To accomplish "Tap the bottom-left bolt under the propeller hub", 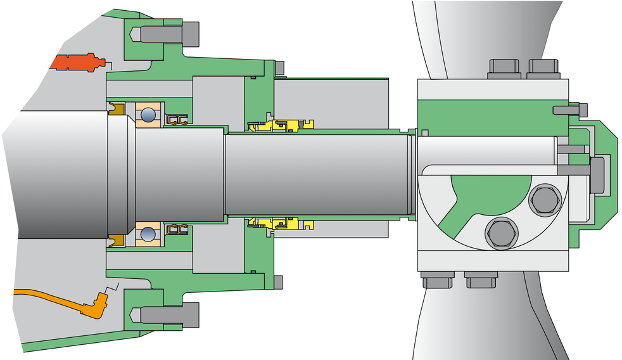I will [438, 280].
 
